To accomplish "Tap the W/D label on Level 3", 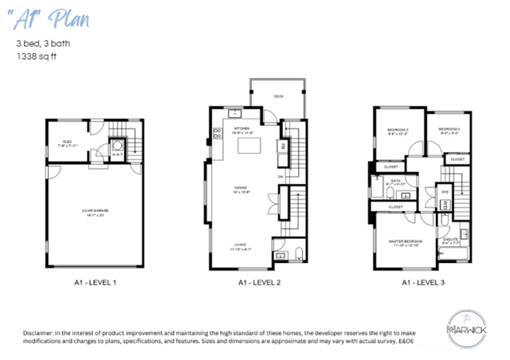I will pyautogui.click(x=444, y=192).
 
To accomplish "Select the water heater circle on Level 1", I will pyautogui.click(x=116, y=146).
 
